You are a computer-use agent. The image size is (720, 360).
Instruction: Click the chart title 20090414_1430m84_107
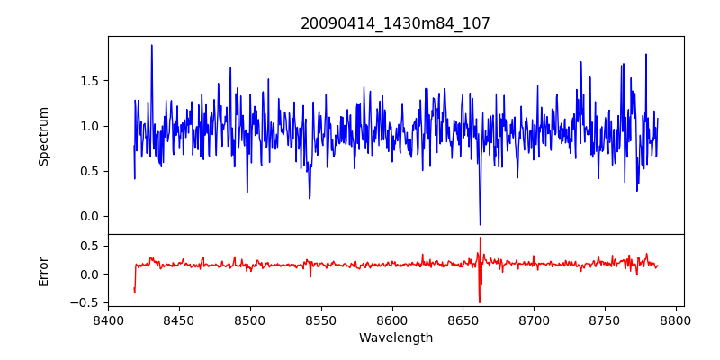tap(395, 23)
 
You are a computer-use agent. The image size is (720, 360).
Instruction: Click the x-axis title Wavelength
tap(395, 337)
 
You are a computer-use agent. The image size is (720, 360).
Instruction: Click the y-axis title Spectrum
tap(43, 136)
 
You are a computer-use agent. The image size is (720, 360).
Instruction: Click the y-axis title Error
tap(43, 271)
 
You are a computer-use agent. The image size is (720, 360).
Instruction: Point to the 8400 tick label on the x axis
tap(108, 319)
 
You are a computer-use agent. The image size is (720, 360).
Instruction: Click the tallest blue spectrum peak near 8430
tap(151, 45)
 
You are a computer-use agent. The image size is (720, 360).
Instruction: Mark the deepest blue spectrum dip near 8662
tap(480, 224)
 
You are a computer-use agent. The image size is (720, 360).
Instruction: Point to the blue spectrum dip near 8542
tap(310, 198)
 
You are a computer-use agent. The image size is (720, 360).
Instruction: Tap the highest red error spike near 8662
tap(481, 238)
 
